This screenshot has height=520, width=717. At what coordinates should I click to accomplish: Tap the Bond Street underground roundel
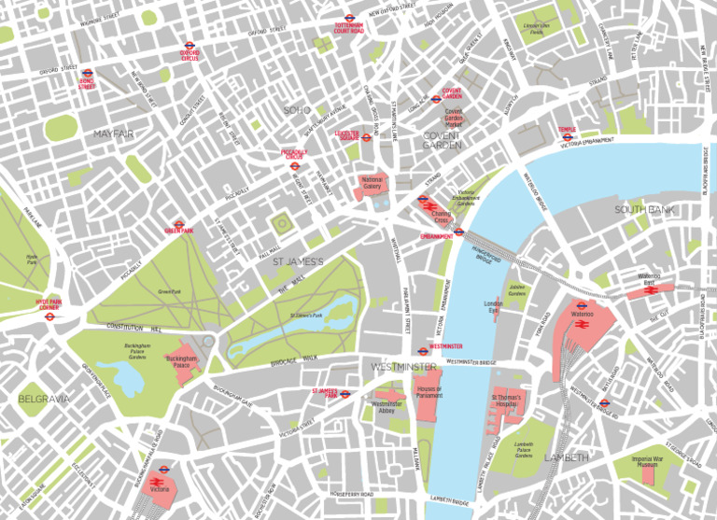coord(88,71)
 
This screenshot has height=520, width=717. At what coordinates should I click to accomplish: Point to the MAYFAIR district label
coord(114,134)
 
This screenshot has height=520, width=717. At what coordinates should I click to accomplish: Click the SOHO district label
coord(297,110)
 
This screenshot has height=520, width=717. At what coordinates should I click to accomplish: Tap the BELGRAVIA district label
coord(43,399)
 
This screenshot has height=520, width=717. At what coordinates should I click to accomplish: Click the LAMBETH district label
coord(566,457)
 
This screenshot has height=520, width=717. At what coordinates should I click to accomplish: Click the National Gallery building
coord(372,183)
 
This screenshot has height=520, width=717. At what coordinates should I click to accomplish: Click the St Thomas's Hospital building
coord(510,401)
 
